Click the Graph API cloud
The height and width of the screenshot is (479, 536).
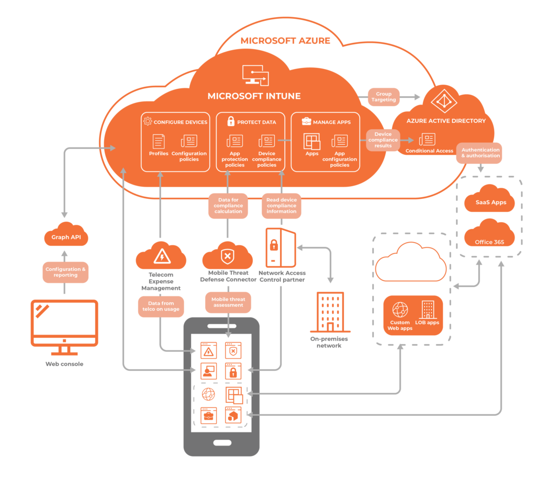(65, 236)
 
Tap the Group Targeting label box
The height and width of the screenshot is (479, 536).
(384, 97)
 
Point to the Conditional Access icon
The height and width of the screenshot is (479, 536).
(427, 140)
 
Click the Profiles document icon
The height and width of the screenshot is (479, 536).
(159, 142)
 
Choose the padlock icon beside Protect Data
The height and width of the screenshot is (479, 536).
(230, 121)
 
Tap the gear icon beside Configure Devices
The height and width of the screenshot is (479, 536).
(148, 121)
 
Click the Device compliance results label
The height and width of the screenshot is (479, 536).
(383, 140)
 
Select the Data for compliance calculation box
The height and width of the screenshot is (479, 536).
(228, 206)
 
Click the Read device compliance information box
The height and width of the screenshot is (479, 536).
(281, 206)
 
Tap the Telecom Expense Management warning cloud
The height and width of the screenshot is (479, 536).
(160, 256)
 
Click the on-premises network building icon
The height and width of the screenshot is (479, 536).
(330, 313)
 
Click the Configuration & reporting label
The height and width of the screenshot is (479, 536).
(65, 272)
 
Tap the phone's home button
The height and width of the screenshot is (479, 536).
(221, 442)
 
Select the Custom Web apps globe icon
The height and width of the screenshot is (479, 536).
(400, 310)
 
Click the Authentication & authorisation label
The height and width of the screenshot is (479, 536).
(480, 153)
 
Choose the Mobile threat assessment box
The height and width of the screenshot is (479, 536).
(228, 302)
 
